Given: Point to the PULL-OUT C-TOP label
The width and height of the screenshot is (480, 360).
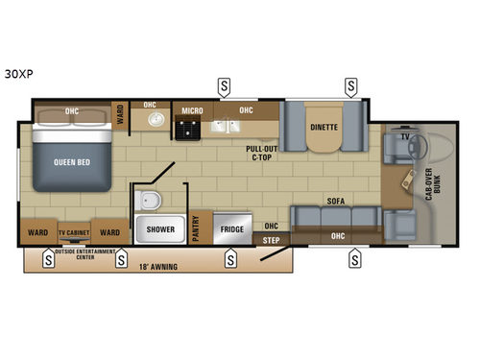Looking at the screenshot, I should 261,153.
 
